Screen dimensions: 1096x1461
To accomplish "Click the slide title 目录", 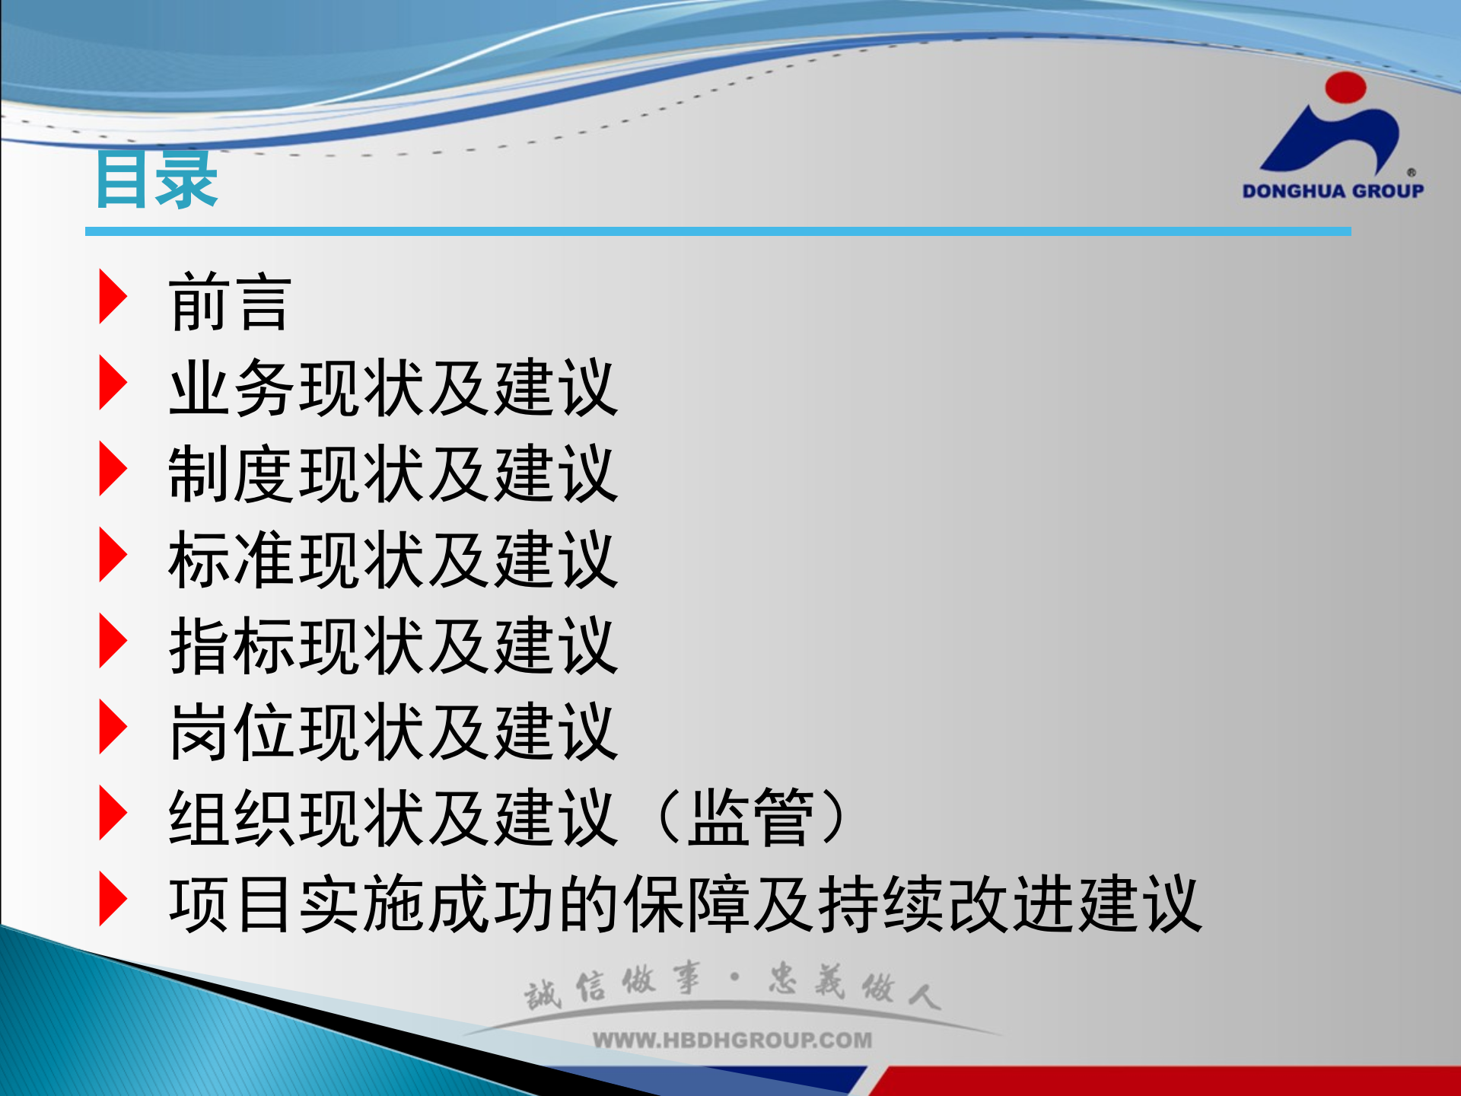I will click(x=156, y=180).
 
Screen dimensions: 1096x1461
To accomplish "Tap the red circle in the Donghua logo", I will click(x=1345, y=87).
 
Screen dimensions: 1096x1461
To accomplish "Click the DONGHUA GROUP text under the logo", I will click(x=1332, y=191).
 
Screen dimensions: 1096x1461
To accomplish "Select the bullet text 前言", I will click(x=229, y=303).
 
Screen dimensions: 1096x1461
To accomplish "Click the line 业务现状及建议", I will click(x=393, y=388).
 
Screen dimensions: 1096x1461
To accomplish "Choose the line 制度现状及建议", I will click(x=393, y=474).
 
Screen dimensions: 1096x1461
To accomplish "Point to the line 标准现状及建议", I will click(x=393, y=560).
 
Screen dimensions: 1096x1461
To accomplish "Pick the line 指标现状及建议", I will click(x=393, y=646).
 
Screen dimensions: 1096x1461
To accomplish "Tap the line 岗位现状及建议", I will click(x=393, y=732).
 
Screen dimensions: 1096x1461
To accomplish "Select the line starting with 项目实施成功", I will click(x=685, y=904).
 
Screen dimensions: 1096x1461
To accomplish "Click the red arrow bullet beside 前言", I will click(x=113, y=297).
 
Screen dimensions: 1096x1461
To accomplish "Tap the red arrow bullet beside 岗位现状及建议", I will click(x=113, y=727).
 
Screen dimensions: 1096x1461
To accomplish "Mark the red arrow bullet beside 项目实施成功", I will click(x=113, y=899).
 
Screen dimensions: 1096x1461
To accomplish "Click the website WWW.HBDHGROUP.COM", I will click(x=732, y=1040).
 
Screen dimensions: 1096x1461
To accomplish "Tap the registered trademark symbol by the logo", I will click(x=1411, y=173).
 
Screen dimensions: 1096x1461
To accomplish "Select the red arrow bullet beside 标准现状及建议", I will click(x=113, y=555).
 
